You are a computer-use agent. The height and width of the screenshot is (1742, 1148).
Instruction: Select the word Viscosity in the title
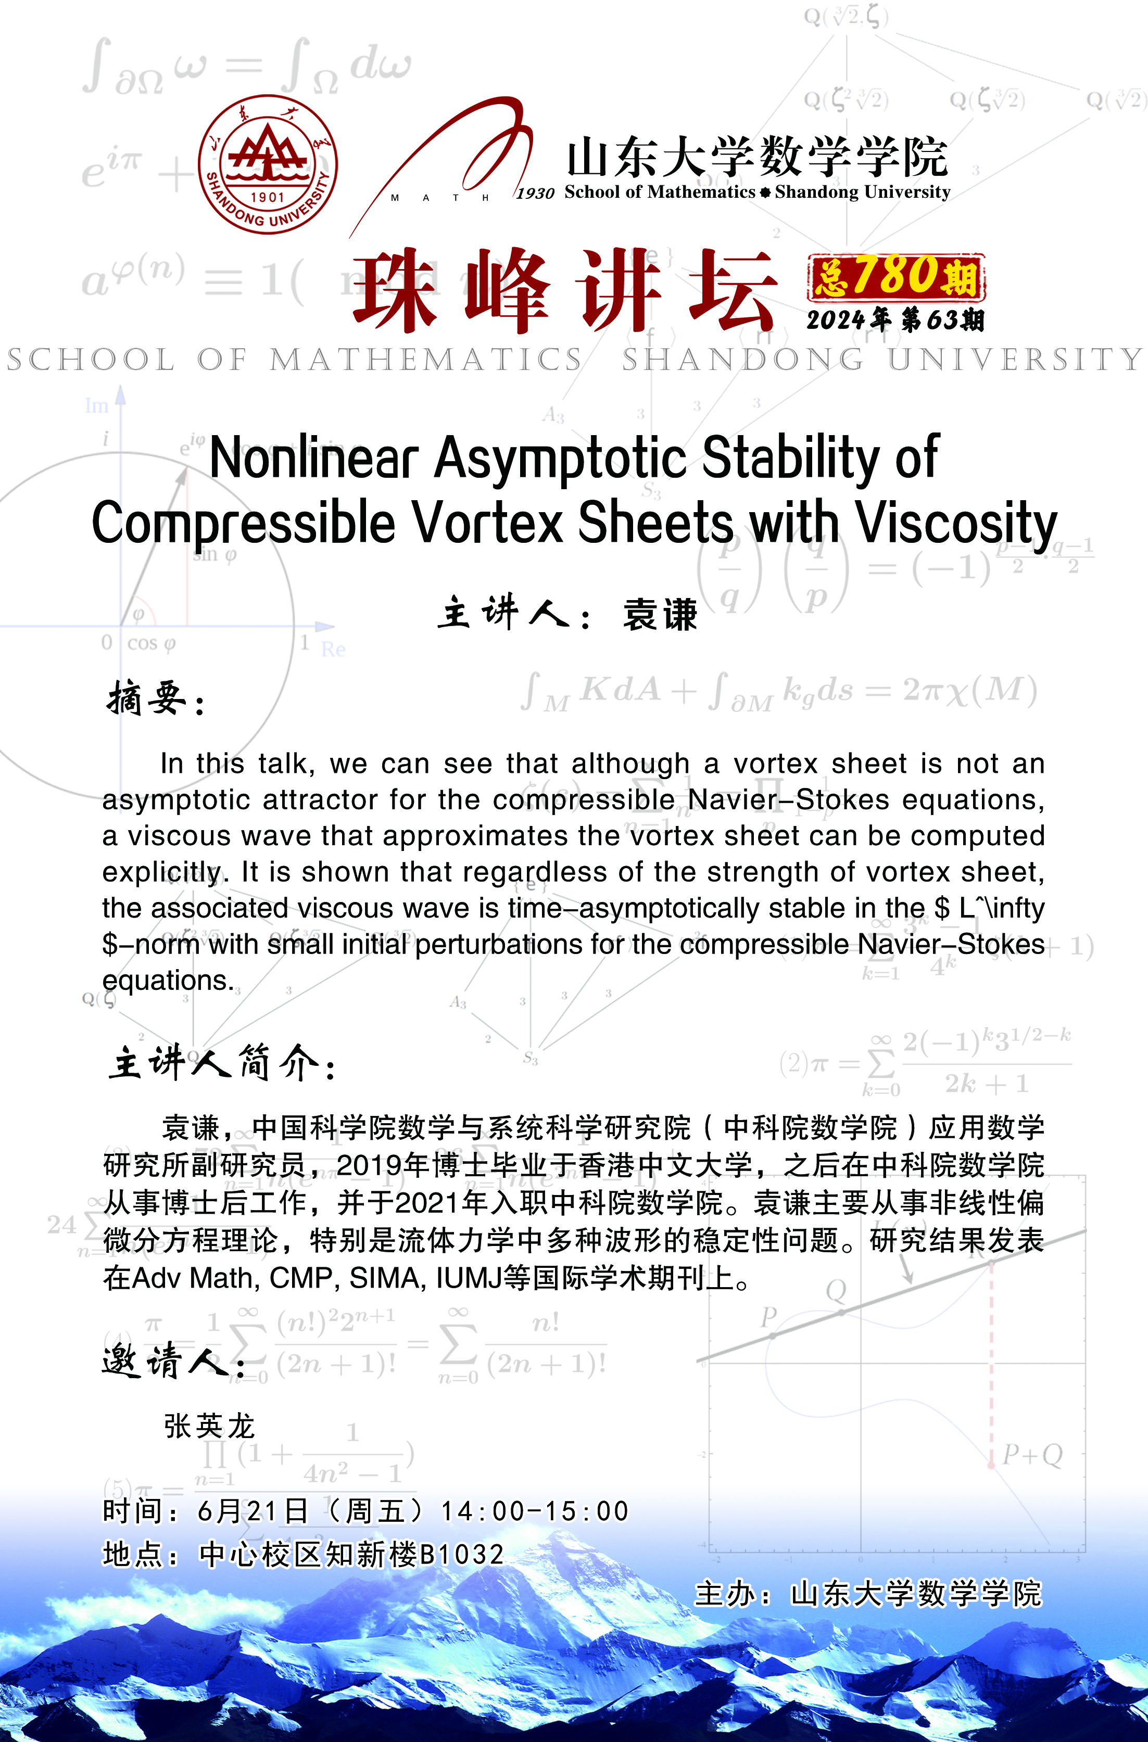pos(956,524)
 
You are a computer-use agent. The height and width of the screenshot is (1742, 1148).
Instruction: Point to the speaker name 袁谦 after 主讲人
pos(660,614)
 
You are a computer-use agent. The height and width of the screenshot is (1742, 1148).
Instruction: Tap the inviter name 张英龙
pos(209,1426)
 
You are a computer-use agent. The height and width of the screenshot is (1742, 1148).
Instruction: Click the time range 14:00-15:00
pos(535,1511)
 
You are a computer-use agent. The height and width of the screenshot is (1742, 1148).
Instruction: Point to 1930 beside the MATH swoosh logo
pos(535,193)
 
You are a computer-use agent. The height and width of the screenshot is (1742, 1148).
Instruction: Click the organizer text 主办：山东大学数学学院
pos(867,1594)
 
